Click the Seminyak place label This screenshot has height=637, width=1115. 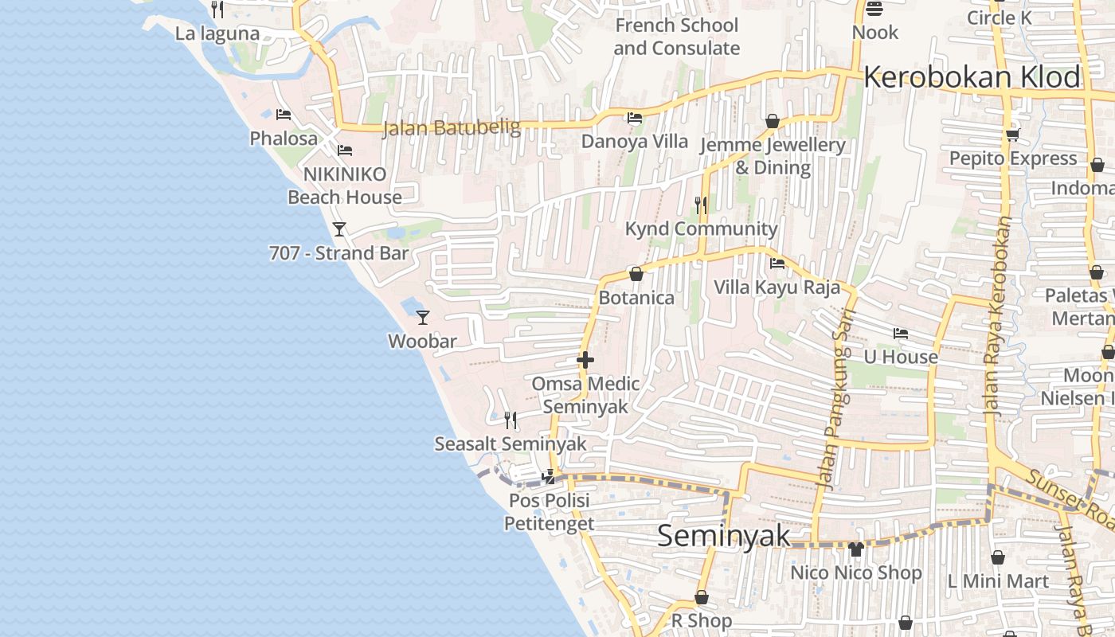[724, 536]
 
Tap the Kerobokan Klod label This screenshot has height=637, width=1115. [972, 77]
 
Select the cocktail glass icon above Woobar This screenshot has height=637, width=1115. [423, 318]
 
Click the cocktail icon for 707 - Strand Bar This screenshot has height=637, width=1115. [339, 229]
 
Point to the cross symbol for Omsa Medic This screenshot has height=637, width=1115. [585, 360]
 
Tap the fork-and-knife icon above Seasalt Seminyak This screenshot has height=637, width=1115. [511, 420]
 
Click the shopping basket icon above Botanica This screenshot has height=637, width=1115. [636, 274]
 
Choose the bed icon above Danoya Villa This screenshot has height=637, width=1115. [635, 118]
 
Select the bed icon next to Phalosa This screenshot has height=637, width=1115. [284, 115]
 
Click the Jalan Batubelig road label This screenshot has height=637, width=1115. [452, 127]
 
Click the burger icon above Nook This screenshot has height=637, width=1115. [874, 10]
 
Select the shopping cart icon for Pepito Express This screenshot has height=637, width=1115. [1013, 135]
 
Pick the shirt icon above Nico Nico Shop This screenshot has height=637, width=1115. [856, 549]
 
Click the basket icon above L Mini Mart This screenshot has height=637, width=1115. [998, 557]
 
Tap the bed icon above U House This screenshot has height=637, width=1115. [901, 333]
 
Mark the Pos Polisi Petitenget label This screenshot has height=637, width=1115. [549, 512]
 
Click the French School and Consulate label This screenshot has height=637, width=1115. [677, 37]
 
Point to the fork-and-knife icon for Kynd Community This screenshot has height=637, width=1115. [701, 205]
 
